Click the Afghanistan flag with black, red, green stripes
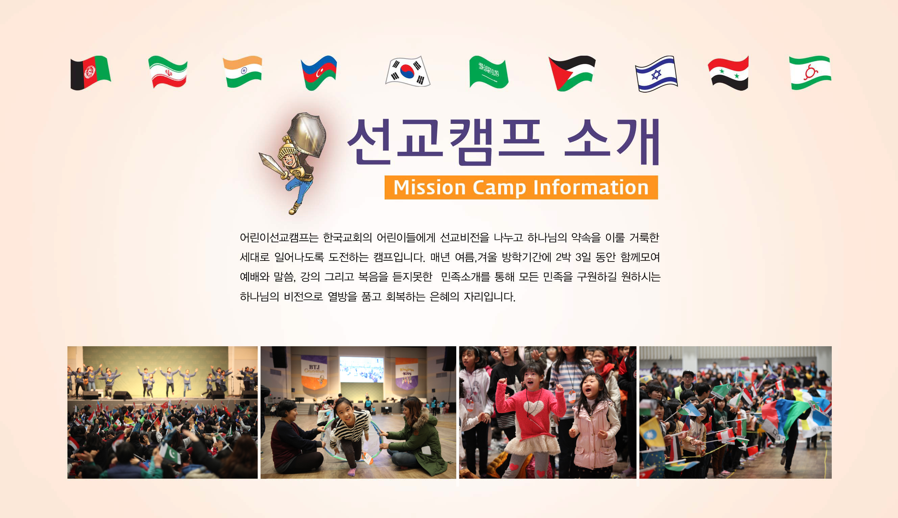point(91,73)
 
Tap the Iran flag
point(168,72)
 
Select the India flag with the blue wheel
point(243,72)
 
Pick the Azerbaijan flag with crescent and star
point(319,73)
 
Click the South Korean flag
point(408,71)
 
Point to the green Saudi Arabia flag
point(489,72)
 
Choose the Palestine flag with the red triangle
point(572,73)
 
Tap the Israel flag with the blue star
point(656,74)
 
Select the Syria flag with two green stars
point(728,73)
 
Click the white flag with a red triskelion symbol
point(810,73)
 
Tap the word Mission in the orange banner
point(430,188)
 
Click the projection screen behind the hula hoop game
point(362,369)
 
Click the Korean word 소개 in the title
point(612,142)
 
